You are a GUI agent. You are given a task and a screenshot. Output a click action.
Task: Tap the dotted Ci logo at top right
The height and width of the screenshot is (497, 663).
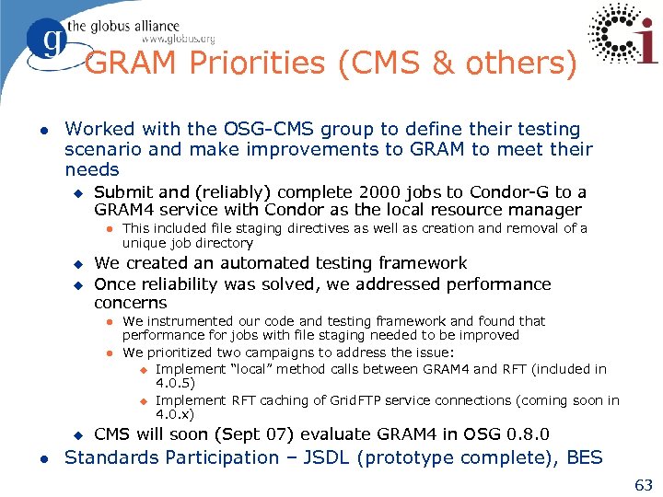point(623,36)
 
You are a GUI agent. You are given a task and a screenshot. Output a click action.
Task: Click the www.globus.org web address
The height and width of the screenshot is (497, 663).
point(178,39)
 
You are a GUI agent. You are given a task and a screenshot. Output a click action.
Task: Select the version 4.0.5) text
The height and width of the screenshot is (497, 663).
point(175,383)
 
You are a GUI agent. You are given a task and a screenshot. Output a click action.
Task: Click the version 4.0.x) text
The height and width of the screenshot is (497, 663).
point(175,414)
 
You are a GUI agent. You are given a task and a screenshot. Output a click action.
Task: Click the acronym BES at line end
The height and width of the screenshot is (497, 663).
point(585,457)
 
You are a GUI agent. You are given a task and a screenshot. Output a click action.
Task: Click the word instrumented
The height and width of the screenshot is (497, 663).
point(186,321)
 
